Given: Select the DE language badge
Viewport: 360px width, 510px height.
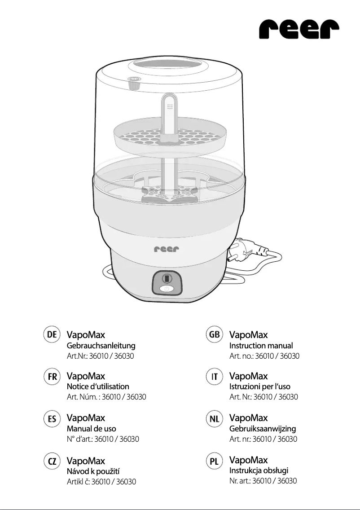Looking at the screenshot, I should click(52, 334).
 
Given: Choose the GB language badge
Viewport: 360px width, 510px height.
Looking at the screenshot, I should click(215, 334).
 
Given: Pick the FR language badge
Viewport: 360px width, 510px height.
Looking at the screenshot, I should click(52, 376).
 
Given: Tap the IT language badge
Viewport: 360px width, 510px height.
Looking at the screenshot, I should click(215, 376).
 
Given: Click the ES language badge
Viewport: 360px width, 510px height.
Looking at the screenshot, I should click(52, 418).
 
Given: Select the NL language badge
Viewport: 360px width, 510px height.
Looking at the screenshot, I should click(215, 418).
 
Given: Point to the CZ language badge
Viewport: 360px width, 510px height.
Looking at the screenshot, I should click(52, 461).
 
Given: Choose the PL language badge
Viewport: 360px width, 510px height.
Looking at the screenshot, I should click(215, 461).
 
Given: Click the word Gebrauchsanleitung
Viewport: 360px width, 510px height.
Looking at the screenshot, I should click(101, 346).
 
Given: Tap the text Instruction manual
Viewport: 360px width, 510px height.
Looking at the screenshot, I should click(261, 346).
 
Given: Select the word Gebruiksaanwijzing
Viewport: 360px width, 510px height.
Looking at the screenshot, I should click(263, 429).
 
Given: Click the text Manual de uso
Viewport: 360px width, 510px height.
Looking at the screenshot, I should click(91, 429).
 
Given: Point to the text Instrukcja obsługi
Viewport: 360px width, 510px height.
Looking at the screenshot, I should click(259, 470).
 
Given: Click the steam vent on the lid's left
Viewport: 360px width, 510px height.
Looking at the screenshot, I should click(133, 82).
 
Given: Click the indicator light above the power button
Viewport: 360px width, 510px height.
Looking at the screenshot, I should click(166, 278).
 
